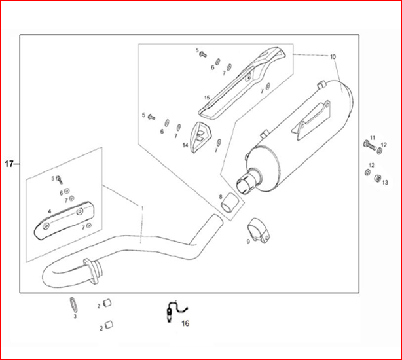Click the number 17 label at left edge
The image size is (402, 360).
9,164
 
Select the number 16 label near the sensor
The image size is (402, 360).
185,323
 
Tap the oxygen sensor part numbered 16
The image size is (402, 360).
172,312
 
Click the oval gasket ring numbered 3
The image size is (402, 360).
73,305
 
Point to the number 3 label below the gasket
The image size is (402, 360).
75,317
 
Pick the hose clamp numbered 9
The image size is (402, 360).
259,230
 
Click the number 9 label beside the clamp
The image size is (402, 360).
248,242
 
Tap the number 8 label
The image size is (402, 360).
221,197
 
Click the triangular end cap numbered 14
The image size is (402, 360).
200,137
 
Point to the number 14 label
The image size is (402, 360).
185,145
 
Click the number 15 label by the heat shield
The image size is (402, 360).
207,98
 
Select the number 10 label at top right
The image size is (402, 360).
333,57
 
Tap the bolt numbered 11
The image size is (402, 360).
369,145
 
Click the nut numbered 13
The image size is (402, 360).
377,178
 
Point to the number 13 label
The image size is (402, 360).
386,183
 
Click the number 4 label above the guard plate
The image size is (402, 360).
50,211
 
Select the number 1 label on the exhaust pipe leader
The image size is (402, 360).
143,208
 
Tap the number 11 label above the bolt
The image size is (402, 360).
373,138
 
